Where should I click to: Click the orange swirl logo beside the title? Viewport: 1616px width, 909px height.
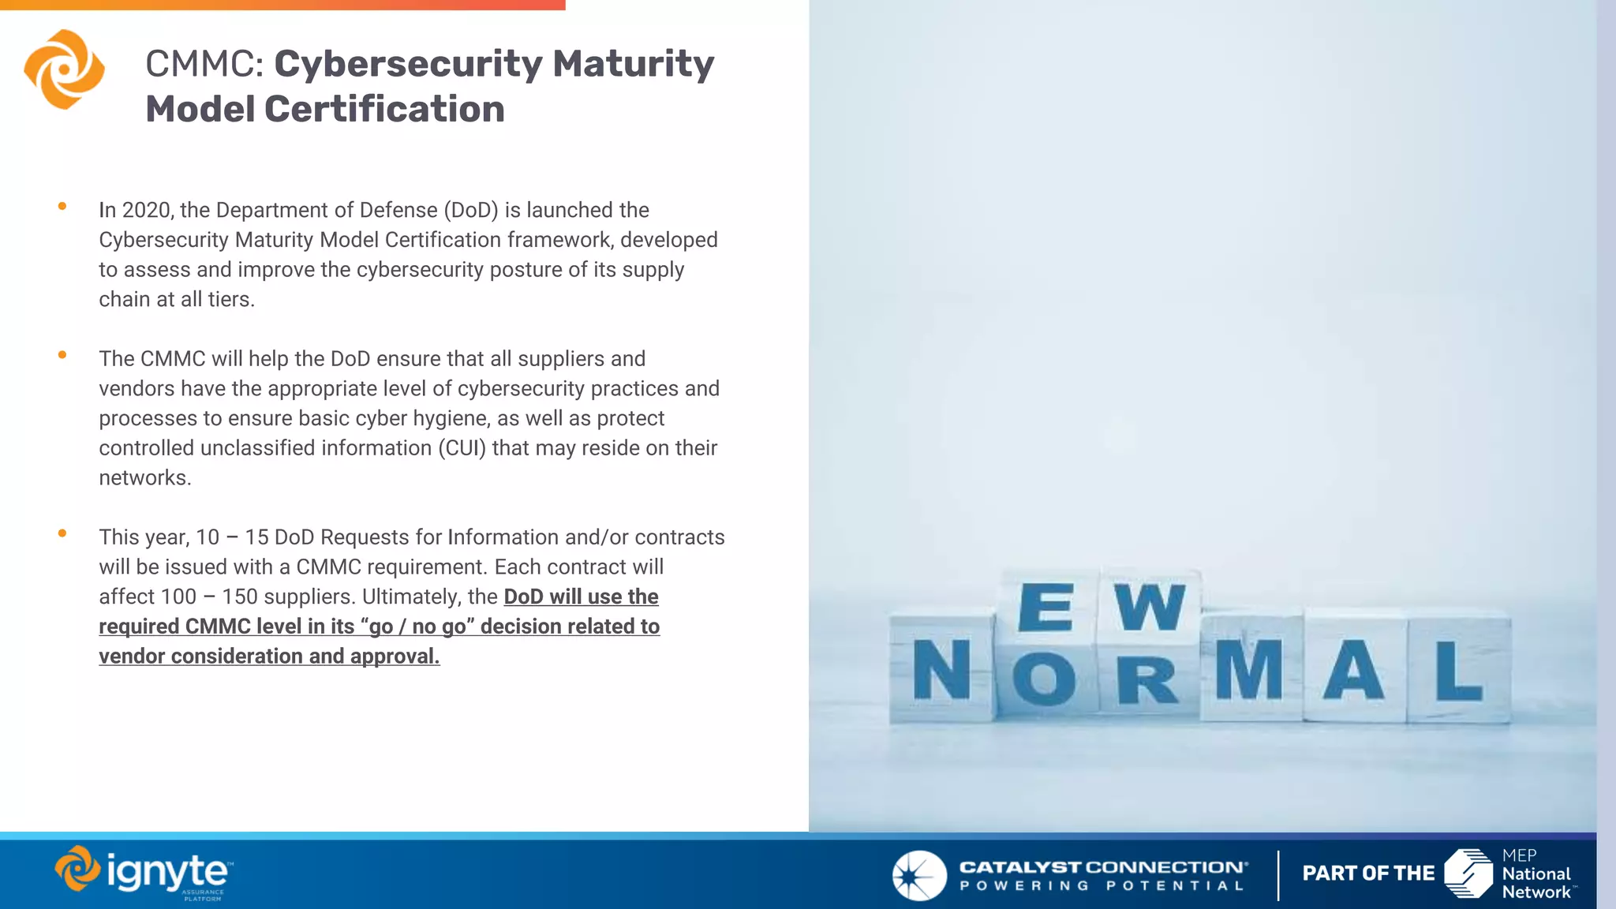[64, 69]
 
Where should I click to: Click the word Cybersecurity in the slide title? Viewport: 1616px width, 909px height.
[407, 64]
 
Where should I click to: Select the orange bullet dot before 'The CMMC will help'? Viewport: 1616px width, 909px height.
[62, 355]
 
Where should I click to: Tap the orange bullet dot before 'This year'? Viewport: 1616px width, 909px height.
[62, 533]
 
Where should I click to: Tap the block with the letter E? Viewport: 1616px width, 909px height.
[1046, 608]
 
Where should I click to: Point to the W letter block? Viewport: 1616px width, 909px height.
[1150, 608]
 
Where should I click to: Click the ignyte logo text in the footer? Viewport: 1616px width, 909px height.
[166, 872]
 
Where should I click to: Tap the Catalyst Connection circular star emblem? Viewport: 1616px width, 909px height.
[919, 875]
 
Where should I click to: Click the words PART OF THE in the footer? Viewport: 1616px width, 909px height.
[1368, 873]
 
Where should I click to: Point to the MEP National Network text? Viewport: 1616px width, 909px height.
[1536, 873]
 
